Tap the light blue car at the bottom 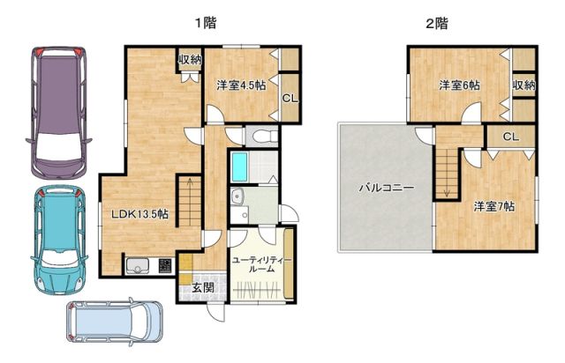[x=115, y=321]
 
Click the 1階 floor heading [x=207, y=24]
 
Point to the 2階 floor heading [x=436, y=24]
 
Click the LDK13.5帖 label [x=139, y=214]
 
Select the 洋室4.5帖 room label [x=241, y=85]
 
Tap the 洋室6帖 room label [x=460, y=85]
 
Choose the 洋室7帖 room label [x=494, y=206]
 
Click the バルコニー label [x=386, y=188]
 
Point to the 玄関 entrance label [x=203, y=287]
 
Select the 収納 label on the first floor [x=190, y=60]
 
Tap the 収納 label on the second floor [x=524, y=85]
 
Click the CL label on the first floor [x=289, y=97]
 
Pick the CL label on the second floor [x=510, y=137]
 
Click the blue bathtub [x=239, y=166]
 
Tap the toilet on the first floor [x=261, y=136]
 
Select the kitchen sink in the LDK [x=136, y=264]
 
